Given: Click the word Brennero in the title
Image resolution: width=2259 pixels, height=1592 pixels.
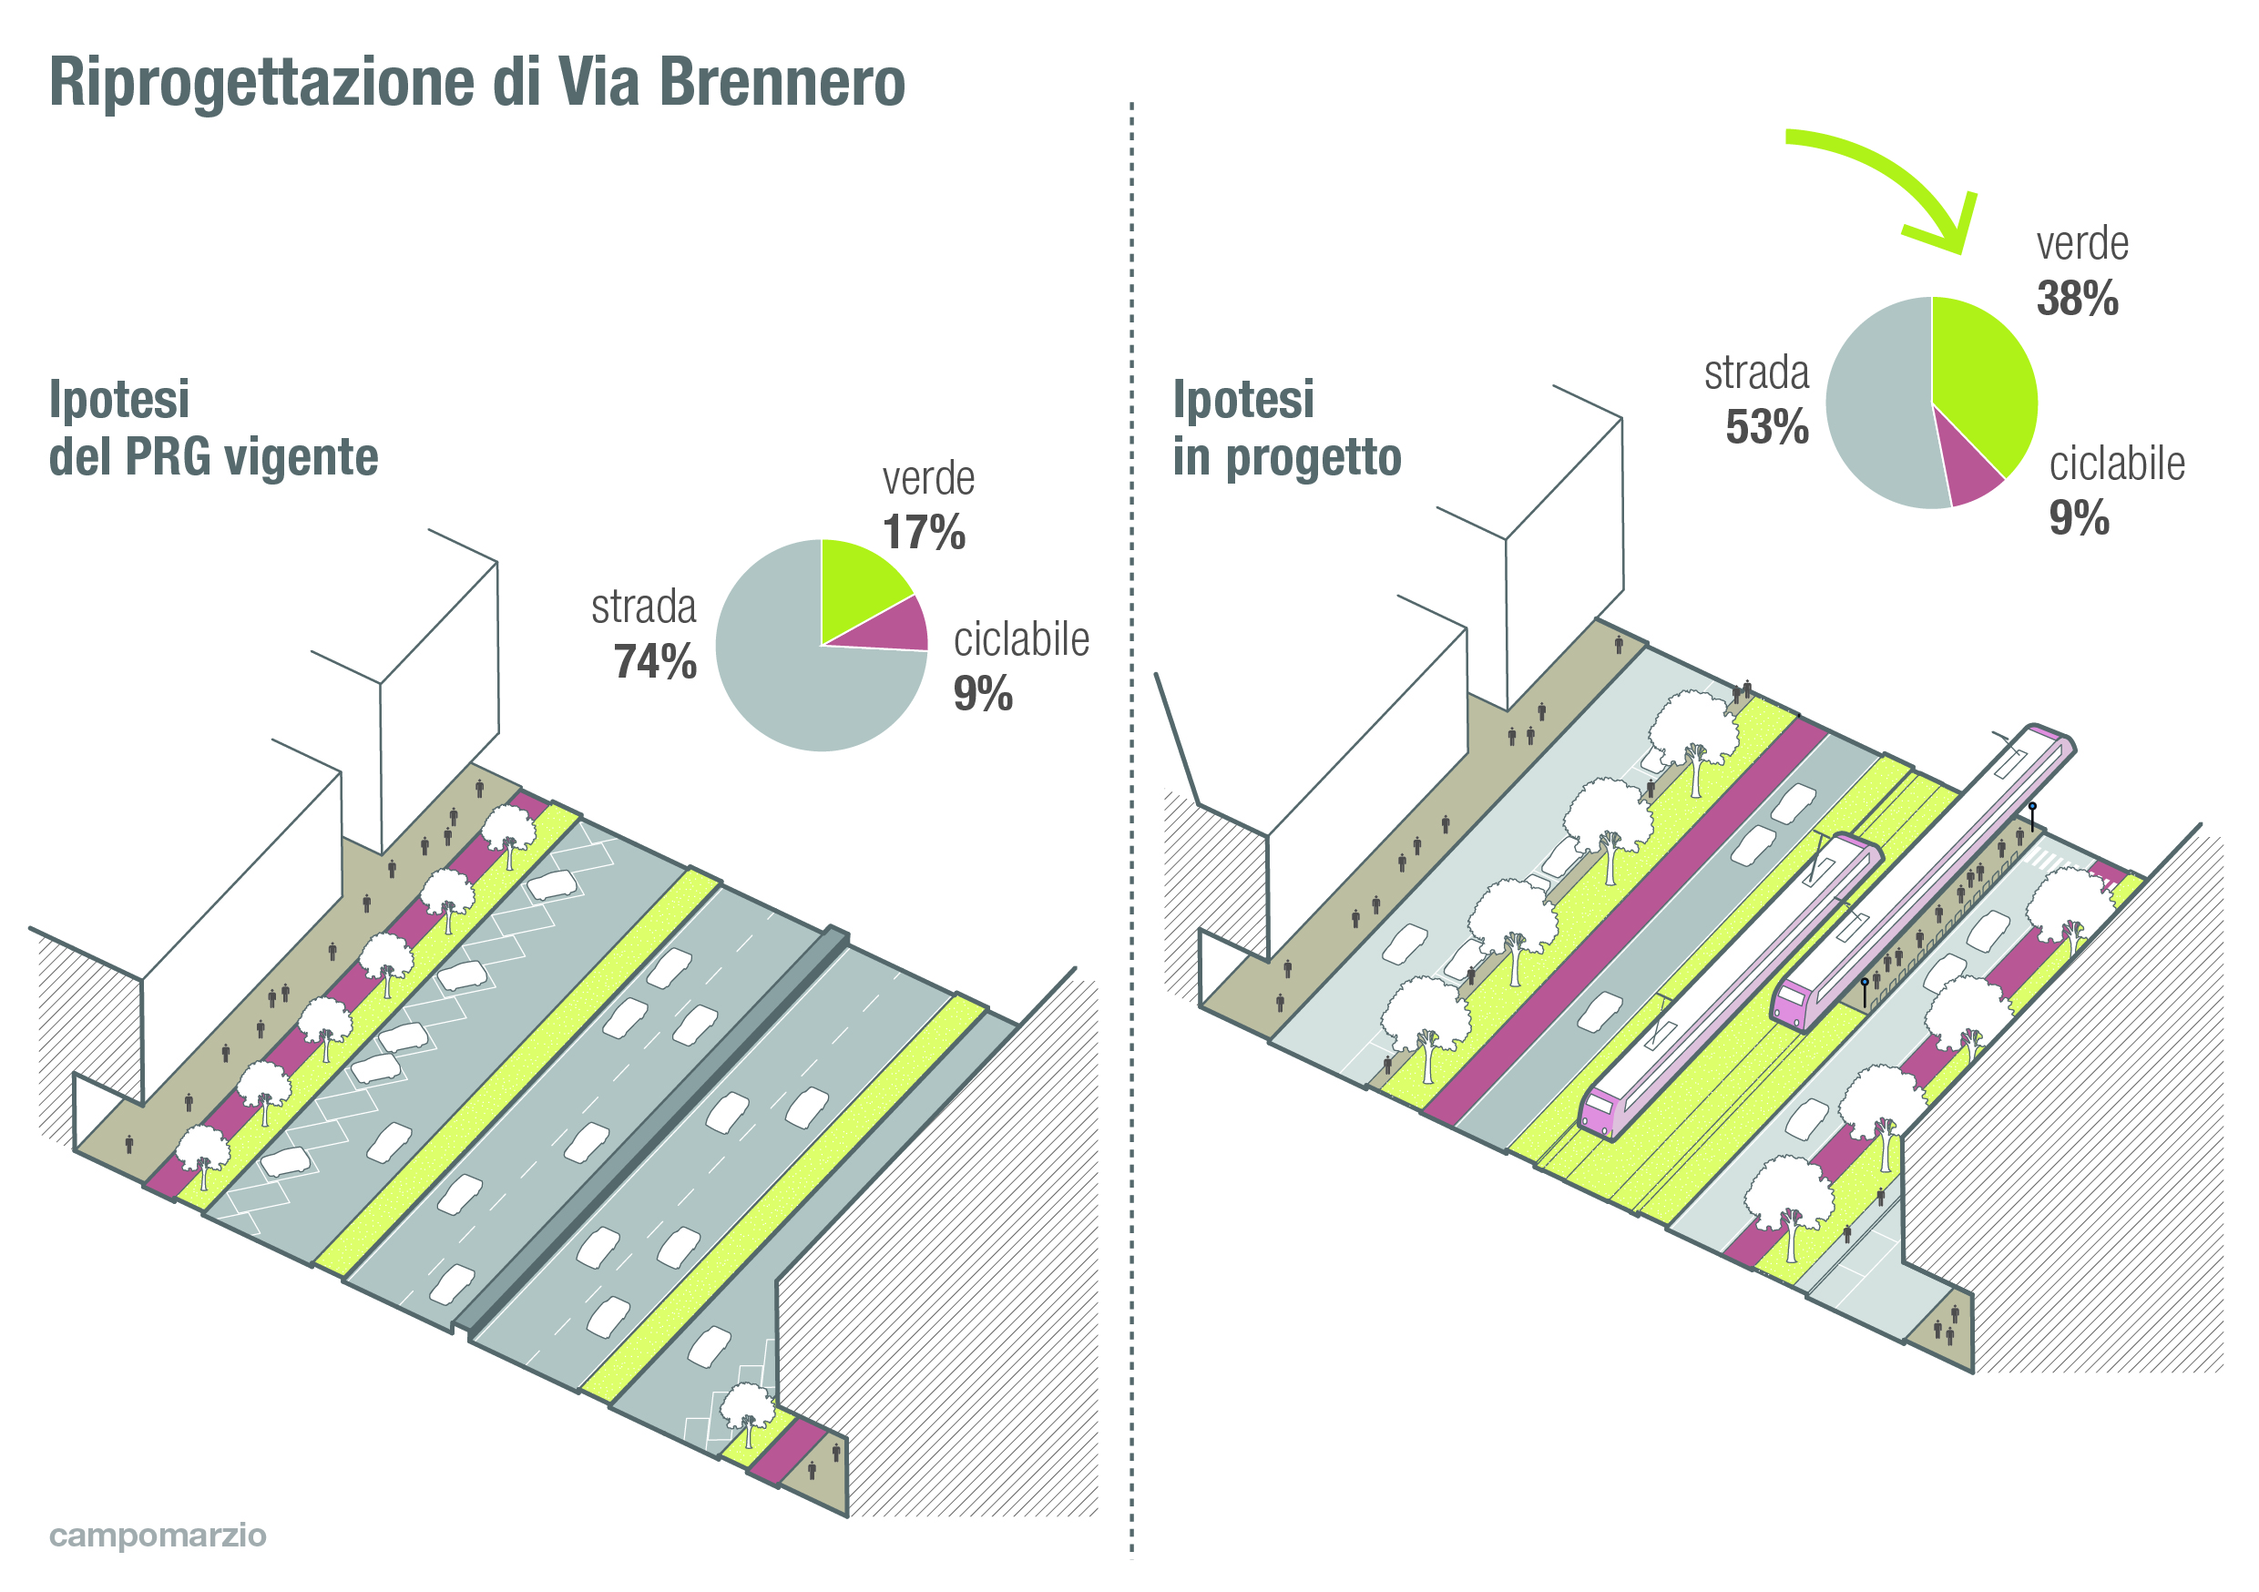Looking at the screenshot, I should [782, 83].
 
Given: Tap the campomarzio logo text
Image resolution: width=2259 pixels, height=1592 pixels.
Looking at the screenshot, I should [158, 1535].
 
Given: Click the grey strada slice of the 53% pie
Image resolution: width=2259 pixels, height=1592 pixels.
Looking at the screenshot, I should [1875, 413].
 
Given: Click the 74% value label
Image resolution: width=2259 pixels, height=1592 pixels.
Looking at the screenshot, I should [655, 662].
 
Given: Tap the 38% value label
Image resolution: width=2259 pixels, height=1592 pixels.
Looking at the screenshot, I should [2076, 299].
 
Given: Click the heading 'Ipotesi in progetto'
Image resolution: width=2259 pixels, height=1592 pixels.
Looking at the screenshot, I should [1286, 429].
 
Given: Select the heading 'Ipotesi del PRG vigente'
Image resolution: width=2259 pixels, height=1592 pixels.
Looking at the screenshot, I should [212, 429].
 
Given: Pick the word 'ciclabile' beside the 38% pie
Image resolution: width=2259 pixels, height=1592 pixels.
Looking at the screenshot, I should [2116, 464].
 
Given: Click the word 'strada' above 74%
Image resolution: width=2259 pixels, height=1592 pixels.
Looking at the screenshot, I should [643, 607].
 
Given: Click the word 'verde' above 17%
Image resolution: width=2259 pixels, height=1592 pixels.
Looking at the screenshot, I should [928, 480].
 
